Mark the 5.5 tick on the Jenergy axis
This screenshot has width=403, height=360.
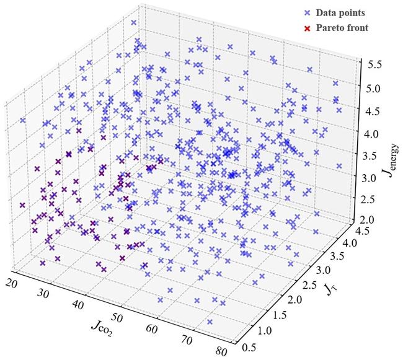pos(373,64)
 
